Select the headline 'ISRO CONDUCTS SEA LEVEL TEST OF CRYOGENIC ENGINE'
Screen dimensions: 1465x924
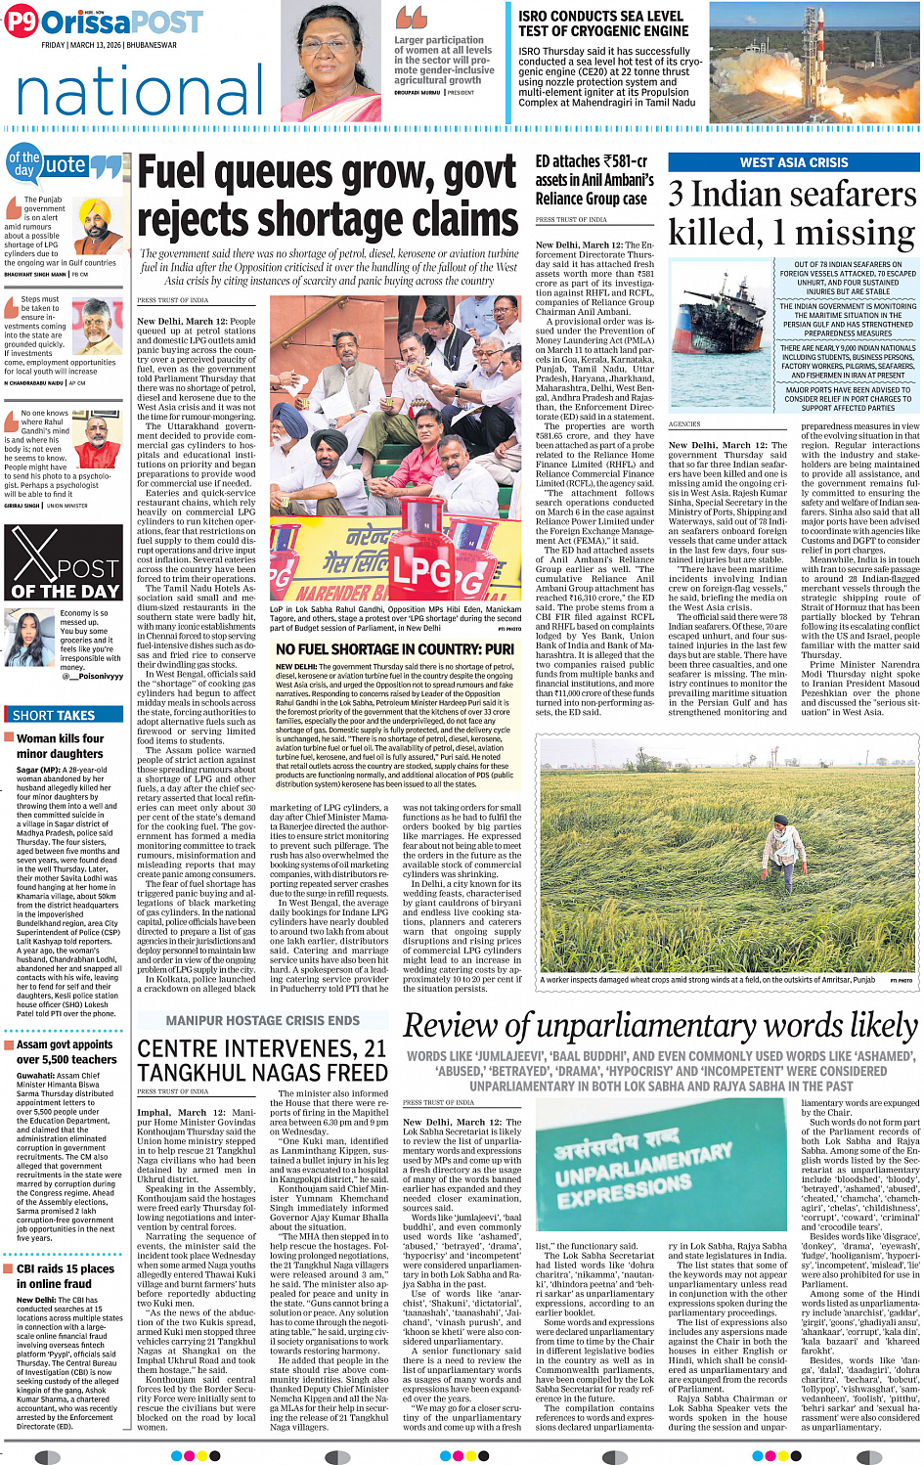point(601,23)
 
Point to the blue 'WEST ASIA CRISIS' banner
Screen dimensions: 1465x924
point(793,162)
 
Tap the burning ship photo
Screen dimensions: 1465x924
point(721,337)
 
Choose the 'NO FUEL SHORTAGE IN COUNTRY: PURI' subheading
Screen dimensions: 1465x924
point(394,649)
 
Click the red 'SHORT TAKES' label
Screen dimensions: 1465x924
point(54,715)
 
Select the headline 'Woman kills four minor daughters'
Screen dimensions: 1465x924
point(60,746)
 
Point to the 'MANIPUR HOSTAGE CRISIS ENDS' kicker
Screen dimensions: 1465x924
point(262,1020)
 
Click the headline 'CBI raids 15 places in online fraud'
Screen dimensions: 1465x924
point(66,1275)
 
